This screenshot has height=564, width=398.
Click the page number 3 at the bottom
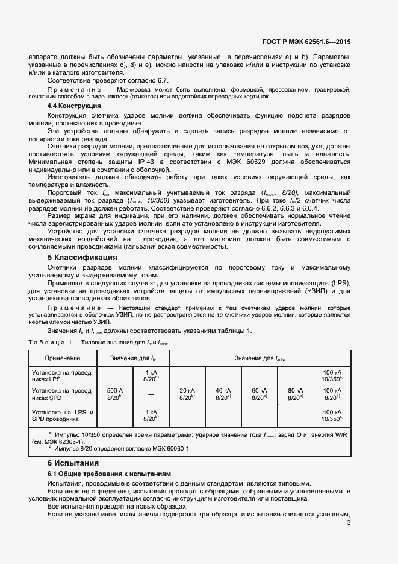349,522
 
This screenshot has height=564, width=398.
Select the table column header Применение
62,358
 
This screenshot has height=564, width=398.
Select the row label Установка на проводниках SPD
62,394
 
